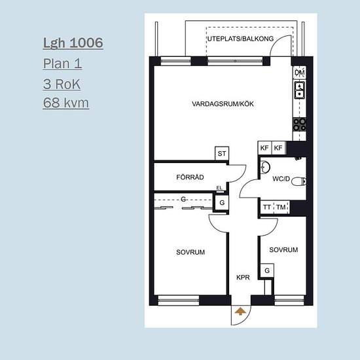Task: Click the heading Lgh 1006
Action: [x=73, y=43]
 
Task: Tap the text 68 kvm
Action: [x=66, y=103]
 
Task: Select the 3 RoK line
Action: [x=62, y=84]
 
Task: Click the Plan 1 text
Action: [x=62, y=63]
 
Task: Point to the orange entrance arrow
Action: [x=240, y=312]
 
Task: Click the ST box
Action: [x=222, y=153]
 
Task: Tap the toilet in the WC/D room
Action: [x=298, y=181]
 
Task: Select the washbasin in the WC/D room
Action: [x=265, y=167]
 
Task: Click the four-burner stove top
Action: [x=300, y=124]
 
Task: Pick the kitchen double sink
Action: [x=300, y=90]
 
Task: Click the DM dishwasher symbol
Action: [x=300, y=73]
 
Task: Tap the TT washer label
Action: [x=267, y=207]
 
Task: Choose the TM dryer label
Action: [x=281, y=207]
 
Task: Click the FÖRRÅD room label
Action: [x=190, y=177]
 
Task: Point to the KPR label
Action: [x=243, y=278]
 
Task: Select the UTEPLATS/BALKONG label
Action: [x=241, y=39]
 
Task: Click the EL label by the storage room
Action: [x=219, y=188]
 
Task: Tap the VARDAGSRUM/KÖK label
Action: [x=223, y=104]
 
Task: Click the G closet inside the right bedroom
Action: [x=267, y=270]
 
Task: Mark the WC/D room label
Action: [x=281, y=179]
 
